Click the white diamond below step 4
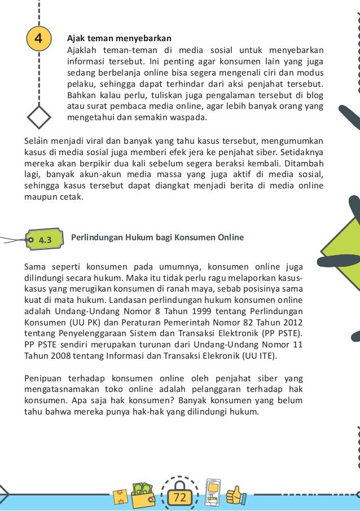[x=39, y=118]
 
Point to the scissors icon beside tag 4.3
[x=12, y=240]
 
